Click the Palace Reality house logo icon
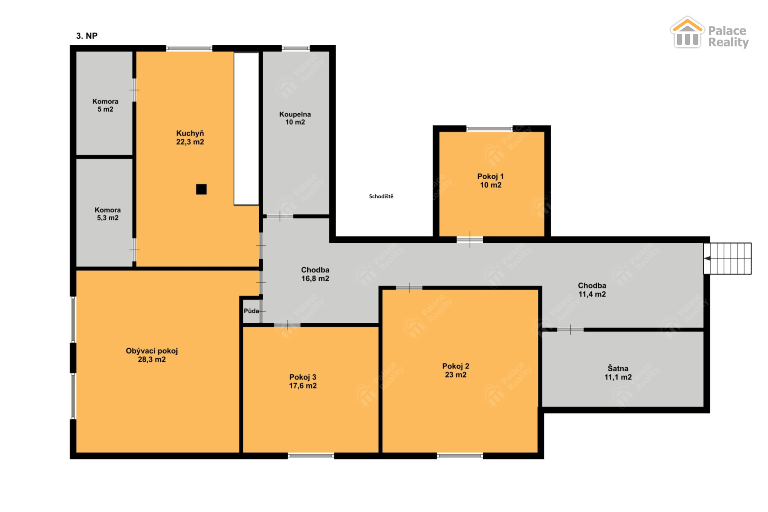click(687, 32)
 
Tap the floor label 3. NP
click(87, 36)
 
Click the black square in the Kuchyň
click(201, 189)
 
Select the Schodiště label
click(381, 196)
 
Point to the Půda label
click(251, 311)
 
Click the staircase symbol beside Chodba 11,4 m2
click(727, 258)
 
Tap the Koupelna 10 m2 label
click(295, 118)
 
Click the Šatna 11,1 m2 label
click(618, 372)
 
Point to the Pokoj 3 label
click(303, 377)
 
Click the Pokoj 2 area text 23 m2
click(456, 375)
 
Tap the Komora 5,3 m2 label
click(108, 214)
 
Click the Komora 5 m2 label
click(106, 105)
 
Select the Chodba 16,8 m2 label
click(315, 274)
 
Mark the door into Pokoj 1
click(470, 240)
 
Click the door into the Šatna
click(570, 330)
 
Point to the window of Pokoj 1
click(490, 129)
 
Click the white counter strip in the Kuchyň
click(246, 129)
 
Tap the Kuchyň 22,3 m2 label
click(190, 138)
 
